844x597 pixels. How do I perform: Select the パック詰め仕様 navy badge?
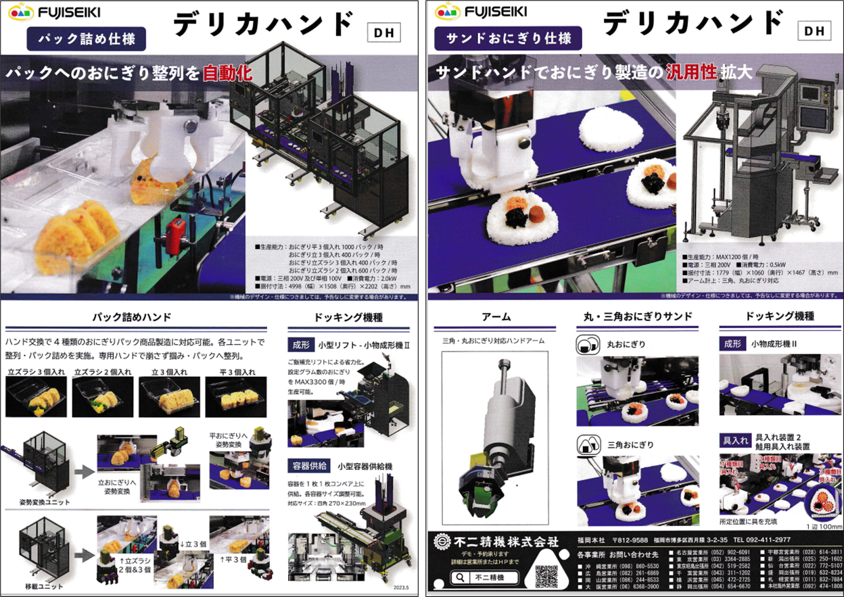pos(86,39)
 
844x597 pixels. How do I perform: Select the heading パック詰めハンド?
pos(135,316)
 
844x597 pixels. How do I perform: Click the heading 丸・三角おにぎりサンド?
pos(638,316)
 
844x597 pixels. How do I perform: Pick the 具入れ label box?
pos(734,440)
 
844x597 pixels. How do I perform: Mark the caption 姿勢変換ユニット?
pos(44,502)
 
